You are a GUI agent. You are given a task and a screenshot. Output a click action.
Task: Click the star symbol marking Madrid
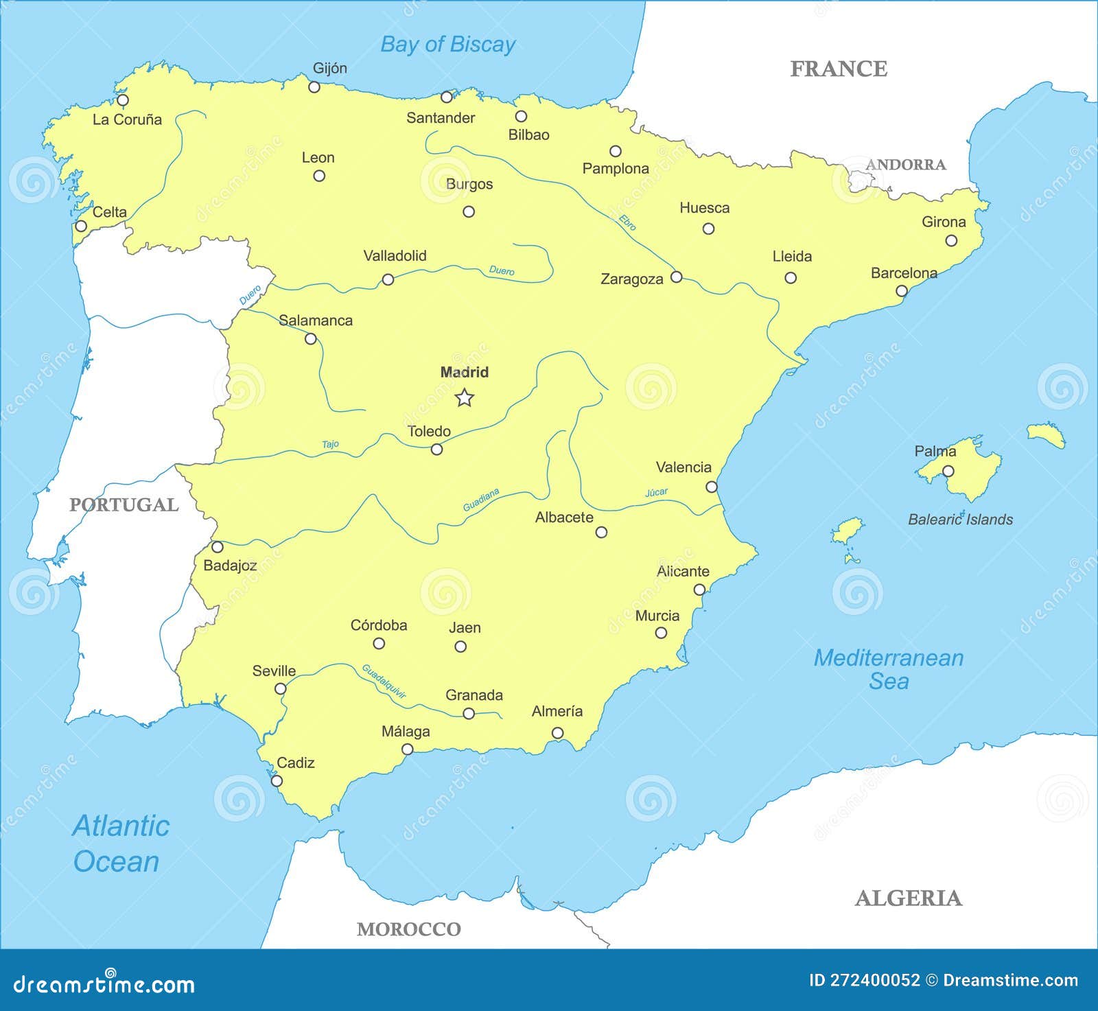[x=465, y=397]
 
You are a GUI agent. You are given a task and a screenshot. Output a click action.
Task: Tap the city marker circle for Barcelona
[x=902, y=291]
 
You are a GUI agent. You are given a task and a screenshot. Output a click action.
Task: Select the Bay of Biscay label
[x=447, y=45]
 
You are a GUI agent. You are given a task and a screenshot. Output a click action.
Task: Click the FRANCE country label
[x=839, y=69]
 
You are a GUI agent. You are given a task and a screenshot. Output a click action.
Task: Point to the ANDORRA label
[x=905, y=165]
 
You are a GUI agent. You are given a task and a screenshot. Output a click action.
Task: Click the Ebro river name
[x=627, y=222]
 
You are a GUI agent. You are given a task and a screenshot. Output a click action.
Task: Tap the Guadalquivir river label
[x=384, y=681]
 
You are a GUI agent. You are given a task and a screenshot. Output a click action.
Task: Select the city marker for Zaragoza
[x=676, y=277]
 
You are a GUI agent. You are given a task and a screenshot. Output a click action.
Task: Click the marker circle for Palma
[x=948, y=471]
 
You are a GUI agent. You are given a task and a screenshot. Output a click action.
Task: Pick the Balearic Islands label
[x=960, y=520]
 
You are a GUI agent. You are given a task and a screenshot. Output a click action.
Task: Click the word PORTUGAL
[x=124, y=505]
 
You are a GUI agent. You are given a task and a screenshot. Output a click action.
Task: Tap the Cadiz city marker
[x=277, y=780]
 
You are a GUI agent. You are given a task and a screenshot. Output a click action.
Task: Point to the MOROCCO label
[x=408, y=929]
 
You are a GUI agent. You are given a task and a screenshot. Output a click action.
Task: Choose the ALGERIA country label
[x=908, y=898]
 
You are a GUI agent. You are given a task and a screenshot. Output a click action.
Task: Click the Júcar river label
[x=656, y=492]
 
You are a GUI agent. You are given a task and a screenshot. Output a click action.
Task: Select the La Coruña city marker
[x=123, y=100]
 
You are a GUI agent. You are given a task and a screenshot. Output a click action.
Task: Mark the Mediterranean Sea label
[x=889, y=669]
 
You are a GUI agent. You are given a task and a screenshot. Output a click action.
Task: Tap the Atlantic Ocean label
[x=119, y=844]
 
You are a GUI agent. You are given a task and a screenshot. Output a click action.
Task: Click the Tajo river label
[x=330, y=445]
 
